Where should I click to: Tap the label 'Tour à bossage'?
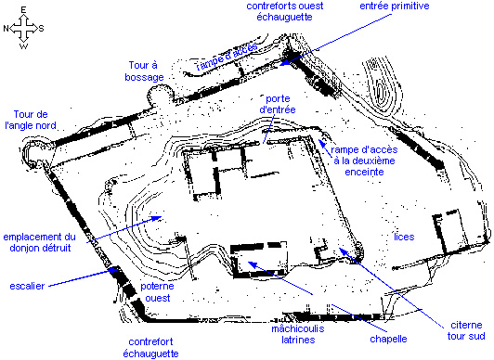(x=147, y=69)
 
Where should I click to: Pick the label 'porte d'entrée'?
(x=279, y=103)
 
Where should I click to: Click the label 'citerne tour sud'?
(x=465, y=330)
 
